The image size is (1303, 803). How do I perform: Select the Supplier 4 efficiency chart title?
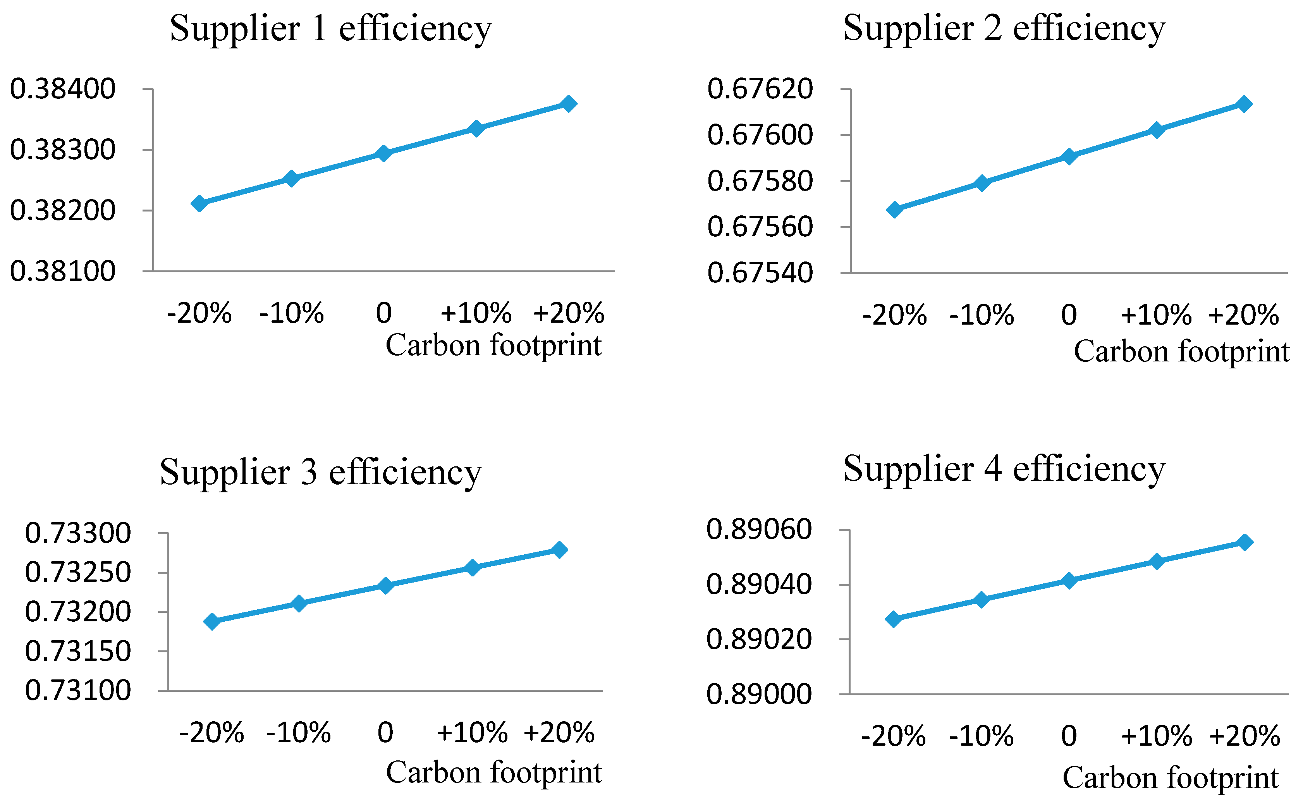point(1004,469)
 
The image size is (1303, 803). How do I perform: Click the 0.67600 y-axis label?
point(760,135)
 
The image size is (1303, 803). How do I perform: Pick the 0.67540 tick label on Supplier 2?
point(760,273)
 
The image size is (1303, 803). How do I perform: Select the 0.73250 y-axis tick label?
point(77,573)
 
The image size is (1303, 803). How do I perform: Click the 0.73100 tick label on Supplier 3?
point(77,690)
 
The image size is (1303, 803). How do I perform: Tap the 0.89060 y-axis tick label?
point(759,530)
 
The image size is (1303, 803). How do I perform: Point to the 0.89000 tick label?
point(759,694)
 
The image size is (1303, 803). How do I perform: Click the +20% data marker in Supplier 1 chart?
point(569,103)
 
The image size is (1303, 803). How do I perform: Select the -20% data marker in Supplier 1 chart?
point(199,203)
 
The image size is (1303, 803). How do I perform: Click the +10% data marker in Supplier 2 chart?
point(1157,130)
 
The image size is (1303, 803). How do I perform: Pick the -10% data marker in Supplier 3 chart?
point(299,603)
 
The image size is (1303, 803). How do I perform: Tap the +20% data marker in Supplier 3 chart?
point(559,550)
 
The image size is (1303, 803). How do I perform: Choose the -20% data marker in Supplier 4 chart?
point(894,619)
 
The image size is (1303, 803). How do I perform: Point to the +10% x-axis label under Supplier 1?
point(476,313)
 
